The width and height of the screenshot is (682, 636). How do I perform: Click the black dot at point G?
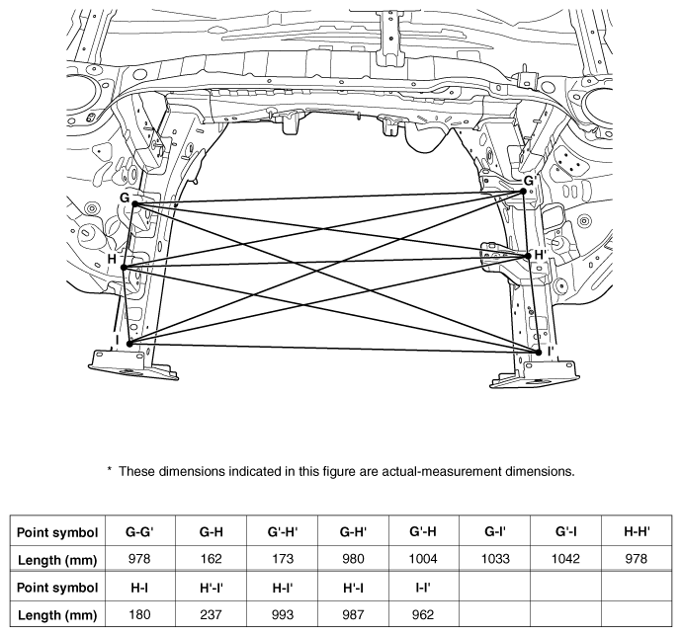134,203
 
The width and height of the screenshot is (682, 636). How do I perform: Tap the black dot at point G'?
523,192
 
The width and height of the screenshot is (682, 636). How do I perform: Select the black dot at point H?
124,268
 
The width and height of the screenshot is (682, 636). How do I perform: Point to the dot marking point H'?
528,256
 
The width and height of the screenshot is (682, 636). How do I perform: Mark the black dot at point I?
129,344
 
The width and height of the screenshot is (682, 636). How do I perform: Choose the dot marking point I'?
539,353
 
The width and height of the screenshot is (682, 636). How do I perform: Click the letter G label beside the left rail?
125,198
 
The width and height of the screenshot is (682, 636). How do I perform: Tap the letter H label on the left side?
112,259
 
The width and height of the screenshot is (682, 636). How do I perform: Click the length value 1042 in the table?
565,559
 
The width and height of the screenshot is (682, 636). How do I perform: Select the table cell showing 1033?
495,559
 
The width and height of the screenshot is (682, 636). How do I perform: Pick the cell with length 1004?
423,559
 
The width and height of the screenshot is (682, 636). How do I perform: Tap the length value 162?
211,559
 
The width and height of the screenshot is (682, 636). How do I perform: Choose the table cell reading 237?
211,614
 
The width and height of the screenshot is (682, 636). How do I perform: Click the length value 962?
423,614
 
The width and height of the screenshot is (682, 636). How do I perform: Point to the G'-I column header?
566,531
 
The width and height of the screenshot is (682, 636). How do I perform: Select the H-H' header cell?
638,531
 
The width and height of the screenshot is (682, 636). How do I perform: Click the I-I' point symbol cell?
423,588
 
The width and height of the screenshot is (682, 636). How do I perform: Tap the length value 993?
283,614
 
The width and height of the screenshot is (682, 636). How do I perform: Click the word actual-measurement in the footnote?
442,471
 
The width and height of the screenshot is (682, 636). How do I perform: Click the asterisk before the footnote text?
110,469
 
